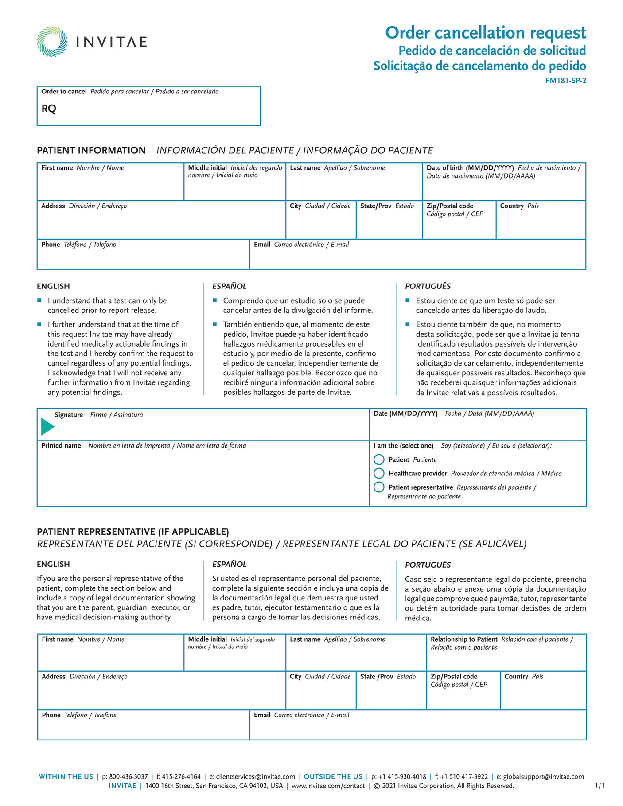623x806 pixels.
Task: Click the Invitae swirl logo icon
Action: (52, 42)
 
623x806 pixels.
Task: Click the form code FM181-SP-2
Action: (565, 81)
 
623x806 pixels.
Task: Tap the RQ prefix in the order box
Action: (49, 109)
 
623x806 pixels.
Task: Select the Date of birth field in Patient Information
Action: (503, 186)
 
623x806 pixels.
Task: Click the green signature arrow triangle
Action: (47, 427)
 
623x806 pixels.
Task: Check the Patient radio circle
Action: (379, 459)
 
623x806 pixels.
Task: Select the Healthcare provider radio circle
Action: (379, 473)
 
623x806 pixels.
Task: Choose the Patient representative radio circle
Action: (379, 487)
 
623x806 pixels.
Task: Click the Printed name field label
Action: (61, 445)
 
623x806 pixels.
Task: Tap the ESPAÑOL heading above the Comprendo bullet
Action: (229, 286)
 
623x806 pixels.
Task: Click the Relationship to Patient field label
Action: (463, 639)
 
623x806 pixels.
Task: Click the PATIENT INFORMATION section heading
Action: (91, 150)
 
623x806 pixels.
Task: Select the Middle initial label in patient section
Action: (207, 168)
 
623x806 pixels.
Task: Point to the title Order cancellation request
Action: (485, 33)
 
